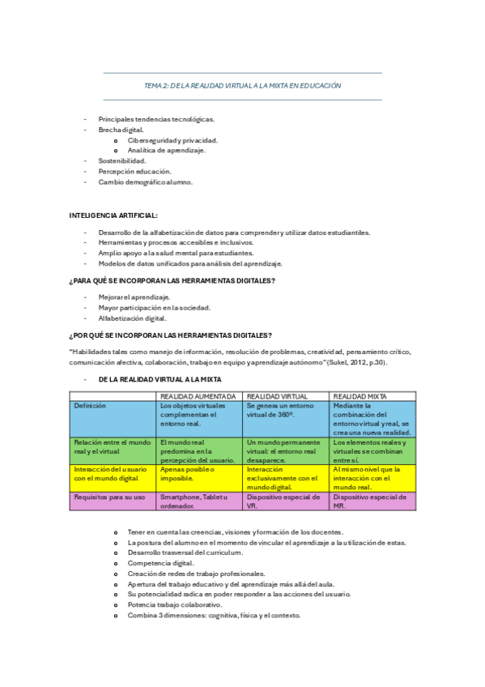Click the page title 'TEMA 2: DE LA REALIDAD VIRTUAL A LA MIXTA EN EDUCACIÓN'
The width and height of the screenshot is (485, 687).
tap(242, 85)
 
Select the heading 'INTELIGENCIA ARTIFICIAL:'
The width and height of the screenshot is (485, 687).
tap(113, 215)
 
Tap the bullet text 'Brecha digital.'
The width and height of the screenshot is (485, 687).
tap(121, 130)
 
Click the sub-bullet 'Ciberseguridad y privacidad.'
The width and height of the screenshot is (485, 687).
tap(172, 140)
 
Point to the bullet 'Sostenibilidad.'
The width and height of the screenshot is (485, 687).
tap(122, 160)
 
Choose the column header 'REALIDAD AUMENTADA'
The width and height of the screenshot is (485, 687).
tap(198, 395)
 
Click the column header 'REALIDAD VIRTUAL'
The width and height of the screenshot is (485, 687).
tap(277, 395)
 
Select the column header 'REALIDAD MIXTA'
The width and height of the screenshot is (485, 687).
tap(360, 395)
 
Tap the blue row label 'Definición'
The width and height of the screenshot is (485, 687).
tap(90, 406)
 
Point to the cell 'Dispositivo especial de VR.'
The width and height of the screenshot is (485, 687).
tap(283, 501)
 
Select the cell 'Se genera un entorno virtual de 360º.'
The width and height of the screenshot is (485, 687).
tap(280, 410)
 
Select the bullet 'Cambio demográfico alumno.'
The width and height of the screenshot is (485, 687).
tap(146, 181)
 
